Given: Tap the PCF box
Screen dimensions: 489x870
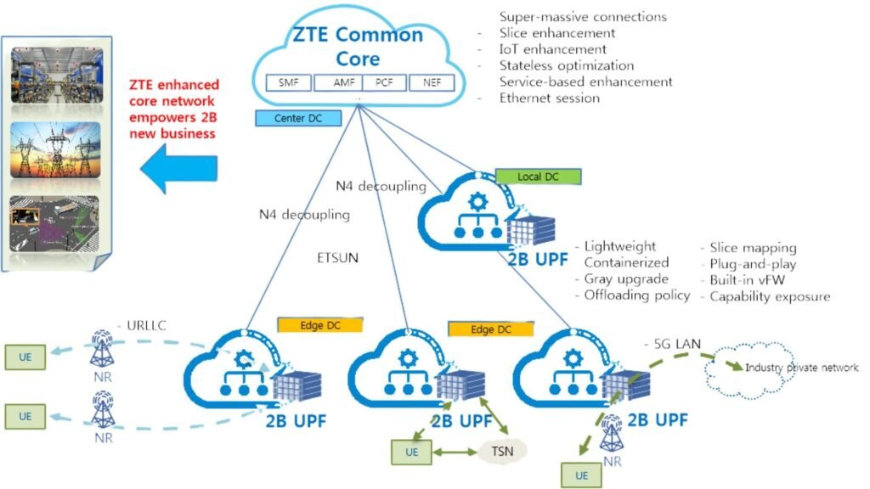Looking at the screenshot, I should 384,83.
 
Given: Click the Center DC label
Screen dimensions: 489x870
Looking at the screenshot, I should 291,118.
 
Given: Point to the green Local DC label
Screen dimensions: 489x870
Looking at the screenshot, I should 537,177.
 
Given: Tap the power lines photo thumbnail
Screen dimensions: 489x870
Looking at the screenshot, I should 55,149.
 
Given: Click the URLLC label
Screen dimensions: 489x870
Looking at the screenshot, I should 144,325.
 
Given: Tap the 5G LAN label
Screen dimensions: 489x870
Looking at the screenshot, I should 670,345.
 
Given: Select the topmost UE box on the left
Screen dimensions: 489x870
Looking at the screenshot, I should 25,357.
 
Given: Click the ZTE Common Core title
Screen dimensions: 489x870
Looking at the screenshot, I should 358,48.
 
